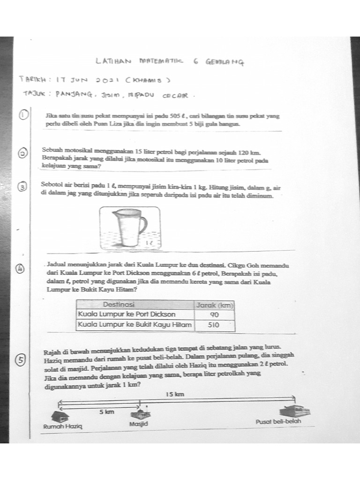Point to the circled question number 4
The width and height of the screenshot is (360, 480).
pyautogui.click(x=21, y=269)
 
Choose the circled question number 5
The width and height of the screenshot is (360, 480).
pyautogui.click(x=20, y=360)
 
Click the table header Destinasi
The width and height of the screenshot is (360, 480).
pyautogui.click(x=122, y=305)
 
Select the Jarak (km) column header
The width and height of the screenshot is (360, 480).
pyautogui.click(x=214, y=305)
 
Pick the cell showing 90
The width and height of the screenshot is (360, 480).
pyautogui.click(x=214, y=315)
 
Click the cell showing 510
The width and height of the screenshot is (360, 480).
pyautogui.click(x=214, y=324)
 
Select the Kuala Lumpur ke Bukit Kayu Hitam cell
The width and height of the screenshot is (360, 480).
pyautogui.click(x=135, y=324)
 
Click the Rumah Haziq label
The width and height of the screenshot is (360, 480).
pyautogui.click(x=62, y=427)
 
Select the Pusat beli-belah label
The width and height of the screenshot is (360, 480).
pyautogui.click(x=278, y=421)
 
